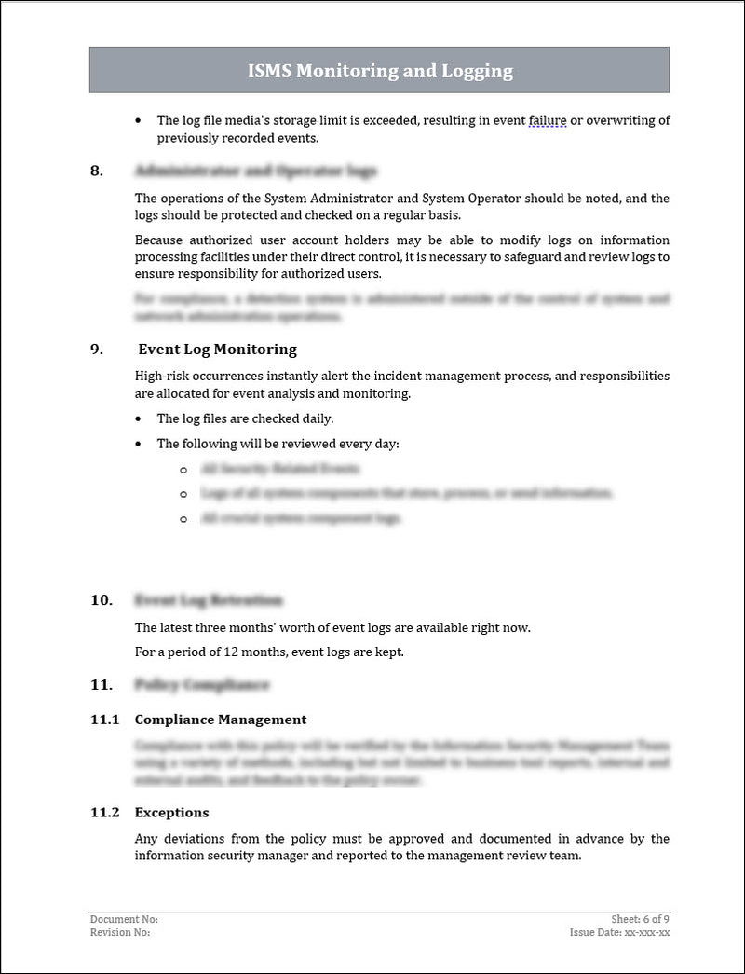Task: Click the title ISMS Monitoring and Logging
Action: pyautogui.click(x=379, y=71)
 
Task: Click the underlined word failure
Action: pyautogui.click(x=548, y=120)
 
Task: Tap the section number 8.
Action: pyautogui.click(x=96, y=171)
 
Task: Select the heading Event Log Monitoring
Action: pyautogui.click(x=217, y=350)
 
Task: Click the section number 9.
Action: pyautogui.click(x=96, y=350)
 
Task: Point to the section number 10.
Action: pyautogui.click(x=101, y=600)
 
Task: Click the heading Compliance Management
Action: pyautogui.click(x=220, y=720)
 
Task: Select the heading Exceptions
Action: pyautogui.click(x=171, y=813)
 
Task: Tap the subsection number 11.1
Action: pyautogui.click(x=104, y=720)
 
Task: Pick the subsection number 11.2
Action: pyautogui.click(x=104, y=813)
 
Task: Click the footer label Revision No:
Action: pyautogui.click(x=119, y=932)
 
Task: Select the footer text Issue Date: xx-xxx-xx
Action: pyautogui.click(x=619, y=932)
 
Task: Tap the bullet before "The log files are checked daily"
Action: pyautogui.click(x=139, y=419)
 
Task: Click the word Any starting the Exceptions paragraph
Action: pyautogui.click(x=146, y=839)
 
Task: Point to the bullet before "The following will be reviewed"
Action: pyautogui.click(x=139, y=445)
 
